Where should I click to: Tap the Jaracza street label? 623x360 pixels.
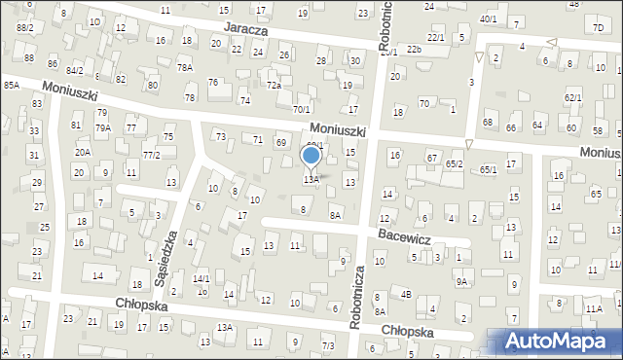pos(244,30)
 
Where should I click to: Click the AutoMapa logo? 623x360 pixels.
pos(560,341)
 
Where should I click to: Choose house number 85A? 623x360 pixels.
pos(11,86)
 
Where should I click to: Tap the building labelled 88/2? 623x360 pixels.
pos(24,28)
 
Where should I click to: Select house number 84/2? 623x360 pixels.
pos(75,70)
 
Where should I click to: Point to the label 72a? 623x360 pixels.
pos(275,86)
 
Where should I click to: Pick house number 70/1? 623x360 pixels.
pos(302,110)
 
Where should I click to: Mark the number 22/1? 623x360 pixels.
pos(435,37)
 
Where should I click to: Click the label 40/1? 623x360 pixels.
pos(488,18)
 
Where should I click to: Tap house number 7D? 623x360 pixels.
pos(597,26)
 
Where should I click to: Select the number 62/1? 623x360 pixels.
pos(572,98)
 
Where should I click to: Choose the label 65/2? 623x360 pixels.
pos(454,164)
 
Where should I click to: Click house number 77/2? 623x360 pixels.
pos(151,155)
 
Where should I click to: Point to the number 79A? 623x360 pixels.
pos(102,127)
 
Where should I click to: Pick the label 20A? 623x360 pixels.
pos(83,152)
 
